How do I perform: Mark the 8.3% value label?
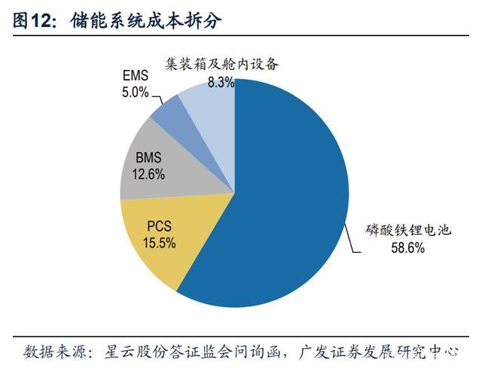221,81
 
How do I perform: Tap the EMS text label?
137,77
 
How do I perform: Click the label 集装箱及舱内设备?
221,65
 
